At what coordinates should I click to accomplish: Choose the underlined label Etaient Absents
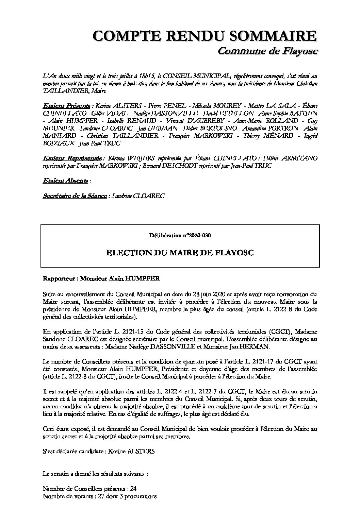point(65,181)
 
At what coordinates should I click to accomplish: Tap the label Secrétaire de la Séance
point(75,196)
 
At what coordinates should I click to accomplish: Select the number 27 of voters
point(96,496)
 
